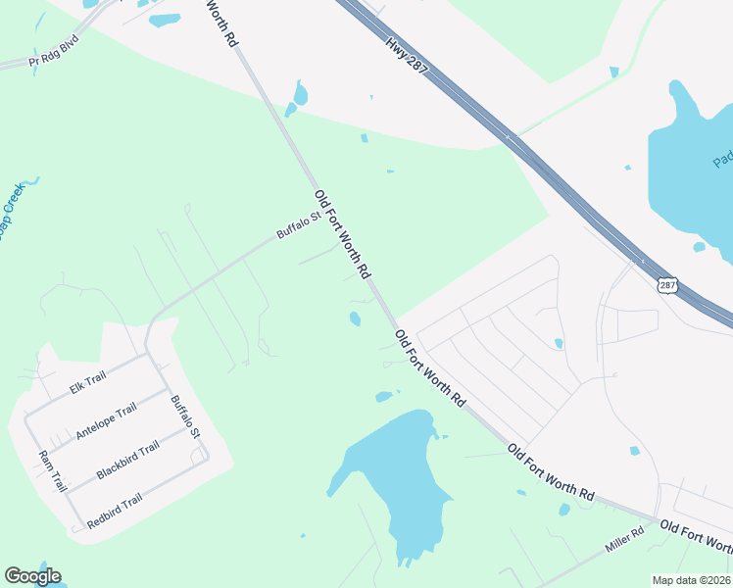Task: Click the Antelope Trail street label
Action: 106,422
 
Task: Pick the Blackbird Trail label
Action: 127,461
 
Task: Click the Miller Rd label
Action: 623,538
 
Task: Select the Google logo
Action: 32,576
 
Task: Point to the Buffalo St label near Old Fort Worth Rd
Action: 298,226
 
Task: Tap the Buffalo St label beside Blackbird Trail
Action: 184,416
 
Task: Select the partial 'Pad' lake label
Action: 722,158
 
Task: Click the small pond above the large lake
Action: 384,397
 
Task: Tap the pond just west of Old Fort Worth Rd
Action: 355,318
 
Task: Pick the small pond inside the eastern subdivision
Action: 558,343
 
